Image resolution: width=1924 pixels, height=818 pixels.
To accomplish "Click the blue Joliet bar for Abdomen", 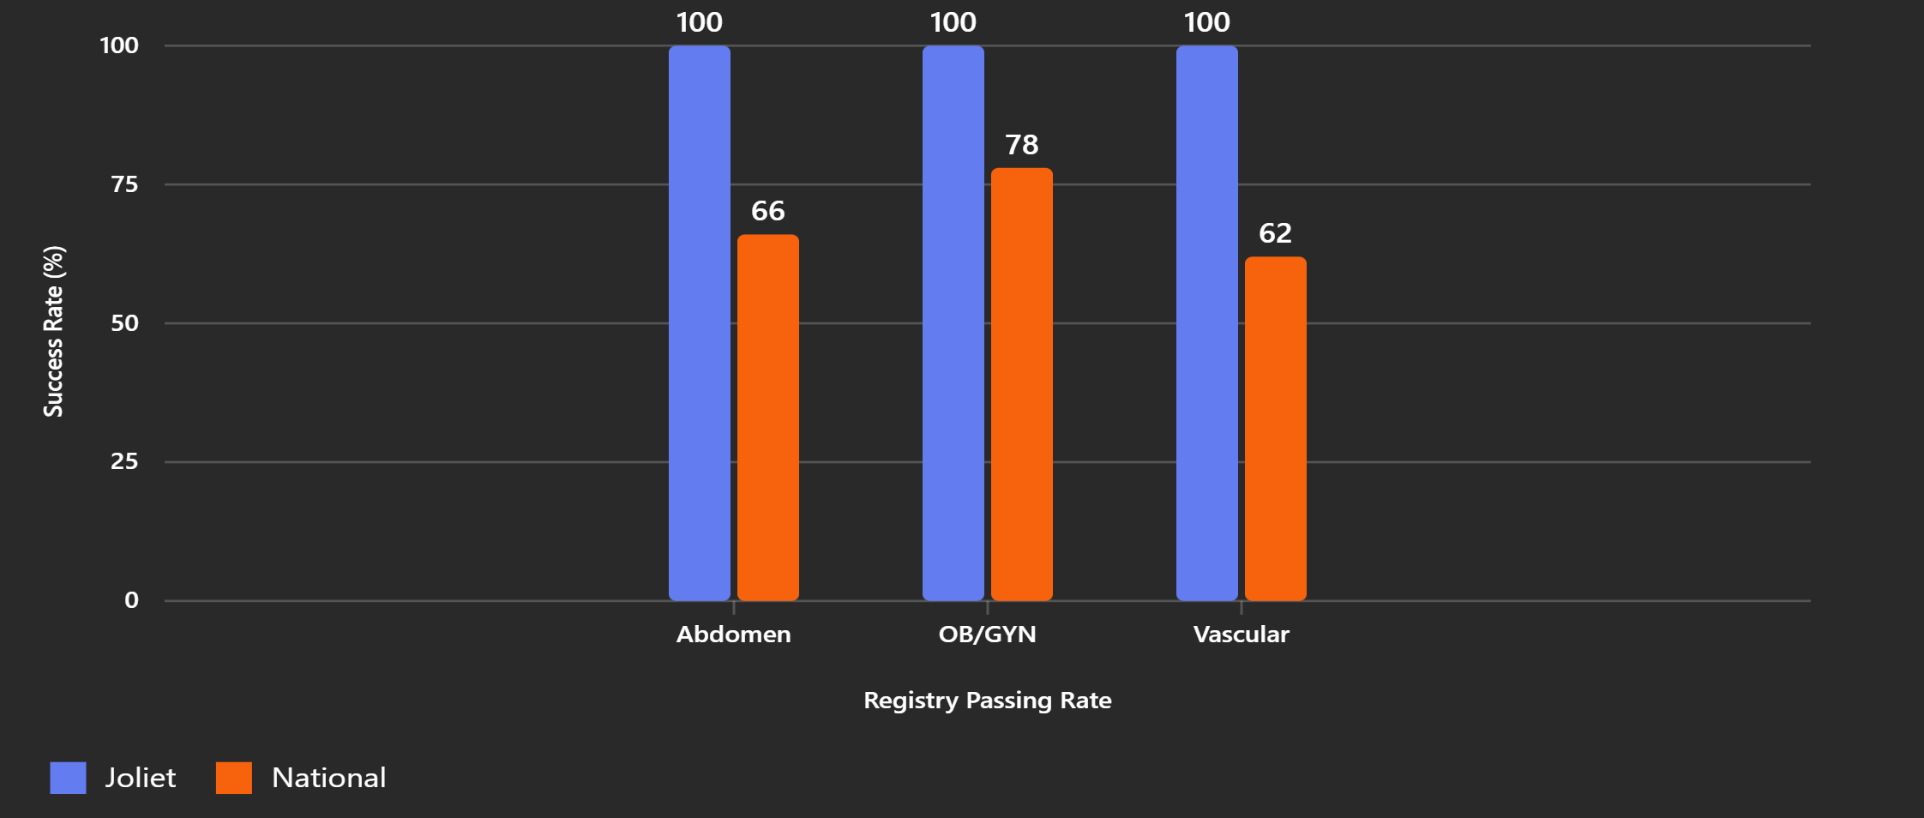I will (699, 322).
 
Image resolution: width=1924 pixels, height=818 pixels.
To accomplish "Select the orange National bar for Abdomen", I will (767, 418).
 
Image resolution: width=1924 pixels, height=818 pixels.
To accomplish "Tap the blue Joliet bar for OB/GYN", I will (953, 322).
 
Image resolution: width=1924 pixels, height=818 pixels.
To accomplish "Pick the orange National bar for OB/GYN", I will (1021, 384).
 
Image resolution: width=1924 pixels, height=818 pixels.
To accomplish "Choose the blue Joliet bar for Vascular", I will (1206, 322).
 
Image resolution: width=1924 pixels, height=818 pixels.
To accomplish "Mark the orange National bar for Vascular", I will (1275, 429).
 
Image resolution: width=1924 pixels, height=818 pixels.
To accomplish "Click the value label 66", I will (767, 211).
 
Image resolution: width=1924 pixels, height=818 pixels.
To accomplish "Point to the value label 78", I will (1021, 145).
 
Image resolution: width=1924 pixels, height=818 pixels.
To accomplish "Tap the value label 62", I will (1275, 233).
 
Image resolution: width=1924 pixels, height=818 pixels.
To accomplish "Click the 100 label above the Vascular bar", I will (1206, 22).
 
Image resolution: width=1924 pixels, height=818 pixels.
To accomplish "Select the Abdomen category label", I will (733, 635).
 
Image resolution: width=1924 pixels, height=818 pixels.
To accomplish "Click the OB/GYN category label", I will (987, 635).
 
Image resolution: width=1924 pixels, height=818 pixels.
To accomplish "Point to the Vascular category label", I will (1241, 635).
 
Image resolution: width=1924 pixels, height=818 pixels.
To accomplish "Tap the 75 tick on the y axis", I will (124, 184).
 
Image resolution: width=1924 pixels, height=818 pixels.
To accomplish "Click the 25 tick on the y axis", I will (124, 461).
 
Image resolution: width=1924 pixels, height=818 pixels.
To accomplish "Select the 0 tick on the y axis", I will (131, 600).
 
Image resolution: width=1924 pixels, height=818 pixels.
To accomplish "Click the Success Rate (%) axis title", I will (53, 331).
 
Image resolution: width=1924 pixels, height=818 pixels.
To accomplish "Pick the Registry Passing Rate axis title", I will (987, 701).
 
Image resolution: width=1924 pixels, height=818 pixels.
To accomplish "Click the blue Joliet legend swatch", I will (68, 778).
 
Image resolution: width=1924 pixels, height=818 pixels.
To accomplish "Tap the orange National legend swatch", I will (234, 778).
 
